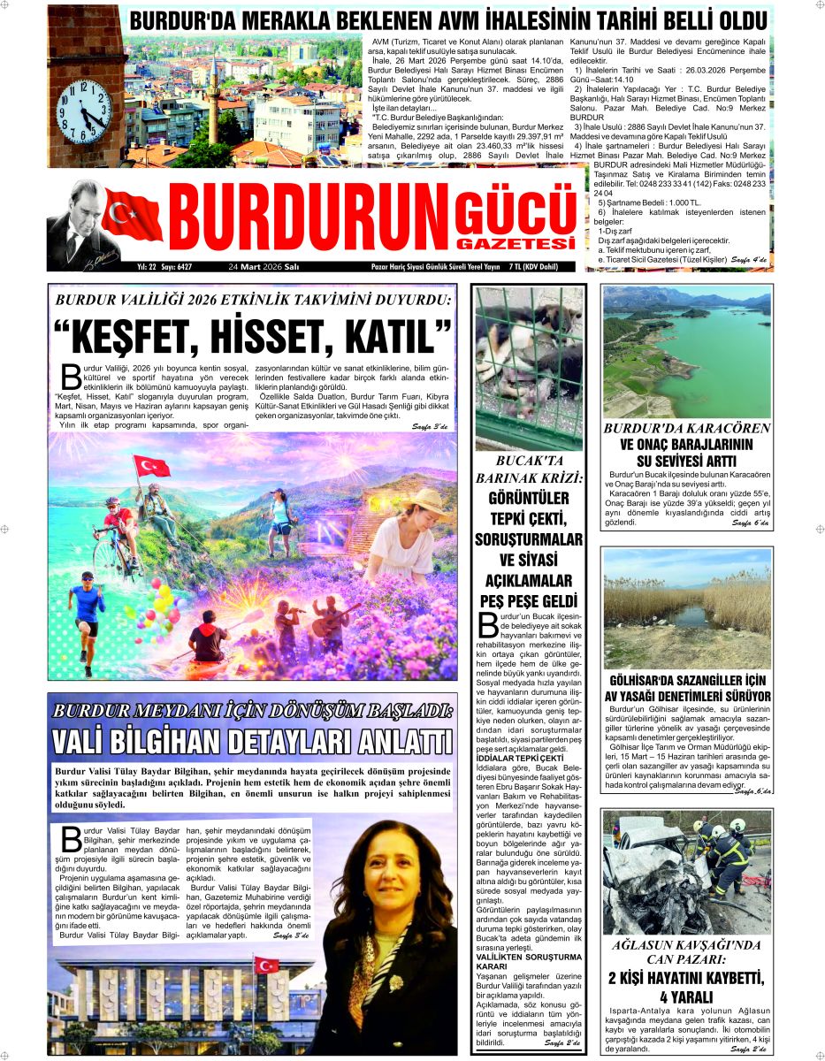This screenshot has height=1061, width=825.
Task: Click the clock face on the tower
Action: (x=82, y=112)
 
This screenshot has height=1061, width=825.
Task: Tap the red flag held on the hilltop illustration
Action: (x=151, y=466)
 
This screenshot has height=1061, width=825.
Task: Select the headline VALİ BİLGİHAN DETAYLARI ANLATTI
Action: (x=252, y=740)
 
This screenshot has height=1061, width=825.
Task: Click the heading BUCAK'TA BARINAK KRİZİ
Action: (x=529, y=469)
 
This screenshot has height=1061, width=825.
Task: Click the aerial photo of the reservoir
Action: (x=686, y=351)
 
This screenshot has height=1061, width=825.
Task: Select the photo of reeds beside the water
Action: (x=686, y=604)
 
